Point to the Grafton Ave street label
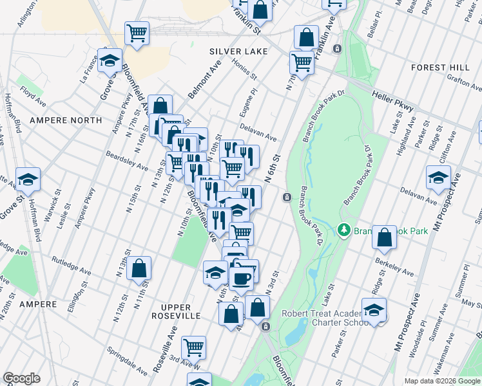461,82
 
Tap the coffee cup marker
242,277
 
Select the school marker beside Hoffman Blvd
28,179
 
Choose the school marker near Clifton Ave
438,178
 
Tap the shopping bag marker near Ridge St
384,237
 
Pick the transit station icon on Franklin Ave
336,49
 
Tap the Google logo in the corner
22,378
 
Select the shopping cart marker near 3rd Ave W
193,347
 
